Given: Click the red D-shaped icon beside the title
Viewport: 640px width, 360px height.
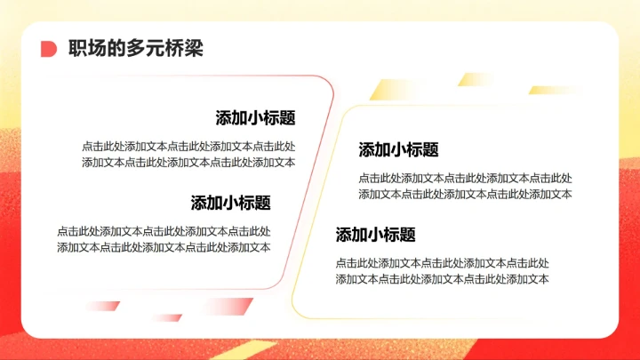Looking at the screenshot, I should (49, 49).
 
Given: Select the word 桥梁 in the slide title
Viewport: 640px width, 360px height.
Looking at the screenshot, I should (187, 49).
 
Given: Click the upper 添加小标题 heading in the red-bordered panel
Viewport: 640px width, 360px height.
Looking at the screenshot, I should (255, 118).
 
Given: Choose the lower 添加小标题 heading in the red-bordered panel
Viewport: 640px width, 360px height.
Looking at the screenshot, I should (230, 203).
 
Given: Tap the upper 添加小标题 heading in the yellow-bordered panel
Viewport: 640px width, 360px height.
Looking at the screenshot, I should (398, 149).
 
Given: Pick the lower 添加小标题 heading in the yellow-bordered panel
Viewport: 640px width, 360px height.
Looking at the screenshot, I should (375, 235).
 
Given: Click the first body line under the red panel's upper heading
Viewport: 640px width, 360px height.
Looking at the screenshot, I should (188, 146).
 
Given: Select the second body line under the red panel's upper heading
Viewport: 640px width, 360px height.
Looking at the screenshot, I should (188, 162).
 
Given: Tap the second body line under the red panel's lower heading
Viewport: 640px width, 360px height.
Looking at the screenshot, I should (164, 247).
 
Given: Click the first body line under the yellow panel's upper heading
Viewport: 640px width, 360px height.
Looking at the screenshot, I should (465, 178).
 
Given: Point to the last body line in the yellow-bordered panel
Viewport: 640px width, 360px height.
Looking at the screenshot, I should (442, 279).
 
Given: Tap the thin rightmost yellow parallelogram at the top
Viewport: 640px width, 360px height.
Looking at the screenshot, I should (556, 90).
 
